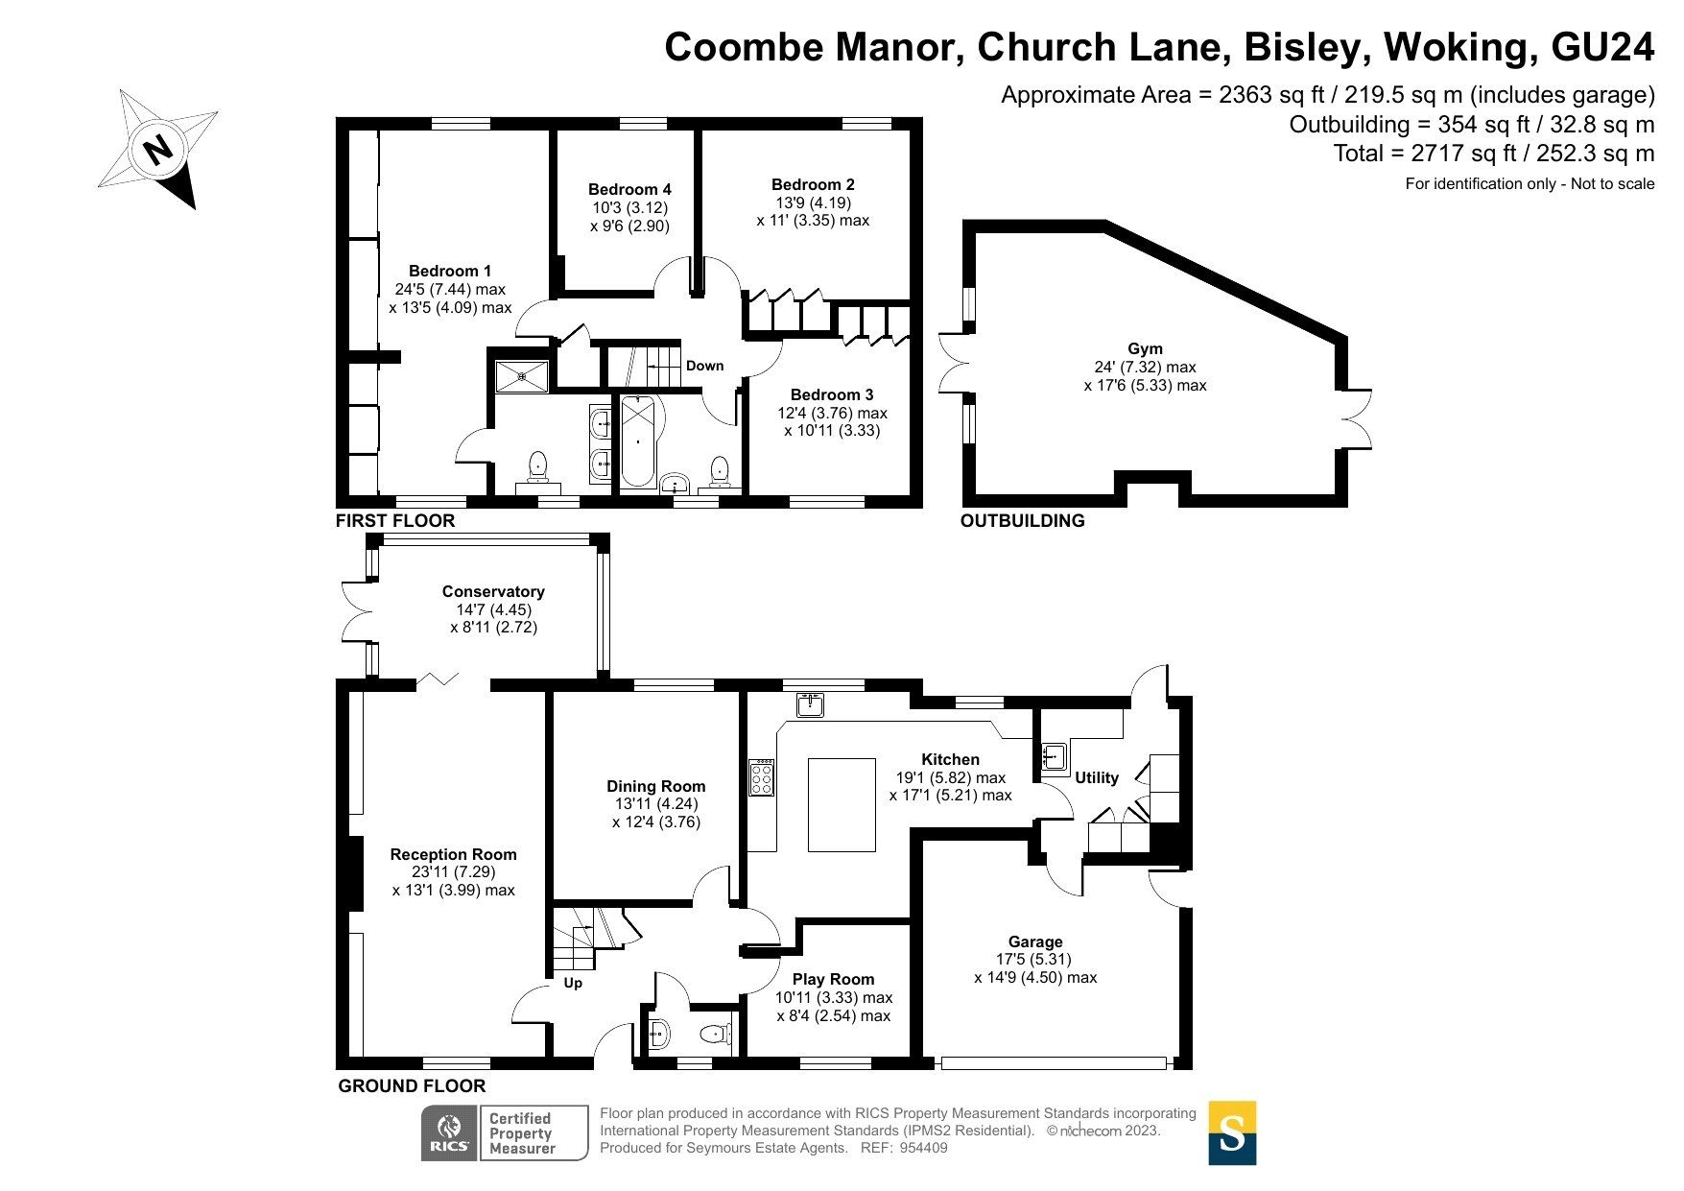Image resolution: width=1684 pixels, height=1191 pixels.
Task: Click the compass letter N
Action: (156, 150)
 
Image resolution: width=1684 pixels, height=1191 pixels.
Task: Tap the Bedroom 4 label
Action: (629, 189)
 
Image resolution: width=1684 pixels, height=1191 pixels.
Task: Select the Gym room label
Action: (1145, 349)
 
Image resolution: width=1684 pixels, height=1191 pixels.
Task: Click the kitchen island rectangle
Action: (842, 804)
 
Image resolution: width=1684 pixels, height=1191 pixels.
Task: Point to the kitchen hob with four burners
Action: (762, 777)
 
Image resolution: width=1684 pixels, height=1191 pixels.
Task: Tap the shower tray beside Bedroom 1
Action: (521, 376)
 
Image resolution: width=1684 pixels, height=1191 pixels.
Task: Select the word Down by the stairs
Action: (704, 366)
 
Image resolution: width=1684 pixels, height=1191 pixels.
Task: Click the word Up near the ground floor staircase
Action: (573, 983)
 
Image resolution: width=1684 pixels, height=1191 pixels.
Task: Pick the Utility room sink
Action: (1054, 756)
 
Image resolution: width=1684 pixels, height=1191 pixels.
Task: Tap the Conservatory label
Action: (493, 592)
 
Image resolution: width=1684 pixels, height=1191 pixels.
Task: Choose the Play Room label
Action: (833, 979)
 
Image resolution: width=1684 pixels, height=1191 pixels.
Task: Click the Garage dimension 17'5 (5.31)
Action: (1033, 959)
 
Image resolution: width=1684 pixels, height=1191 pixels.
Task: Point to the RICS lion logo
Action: (449, 1132)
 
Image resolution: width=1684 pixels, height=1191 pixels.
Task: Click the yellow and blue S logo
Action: (1231, 1133)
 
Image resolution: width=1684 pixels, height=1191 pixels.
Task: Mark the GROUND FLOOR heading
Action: (412, 1085)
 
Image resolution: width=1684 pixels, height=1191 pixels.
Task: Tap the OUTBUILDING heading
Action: (1022, 520)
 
